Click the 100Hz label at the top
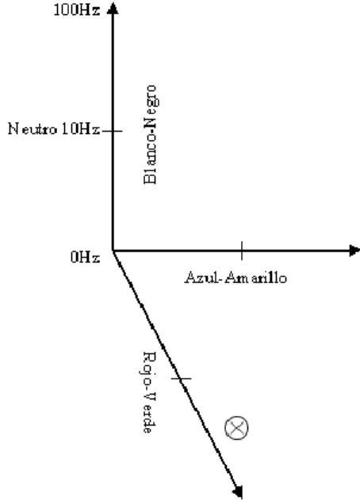77,10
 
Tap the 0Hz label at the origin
86,257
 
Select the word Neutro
33,129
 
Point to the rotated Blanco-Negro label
150,135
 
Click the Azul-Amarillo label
236,277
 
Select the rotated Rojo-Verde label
149,392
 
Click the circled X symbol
236,428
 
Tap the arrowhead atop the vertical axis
113,8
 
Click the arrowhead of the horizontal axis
354,250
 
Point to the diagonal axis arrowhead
238,491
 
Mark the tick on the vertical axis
113,131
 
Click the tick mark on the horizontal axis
242,250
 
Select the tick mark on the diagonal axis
181,379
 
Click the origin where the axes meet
113,250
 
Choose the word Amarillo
255,277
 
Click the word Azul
201,277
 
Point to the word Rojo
149,367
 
